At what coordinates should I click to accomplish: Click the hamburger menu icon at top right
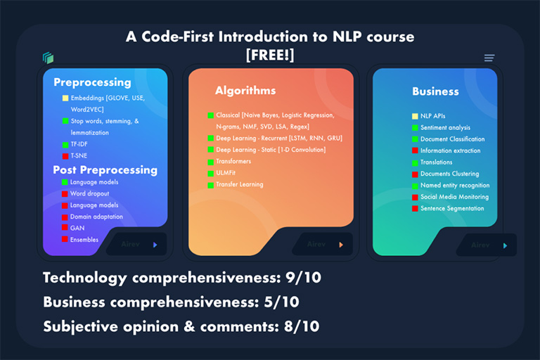pyautogui.click(x=489, y=58)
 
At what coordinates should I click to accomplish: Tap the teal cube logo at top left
pyautogui.click(x=48, y=58)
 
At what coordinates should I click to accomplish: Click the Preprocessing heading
pyautogui.click(x=92, y=82)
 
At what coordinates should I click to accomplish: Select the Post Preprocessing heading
pyautogui.click(x=105, y=169)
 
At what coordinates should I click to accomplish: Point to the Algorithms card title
pyautogui.click(x=245, y=91)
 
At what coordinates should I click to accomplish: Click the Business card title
pyautogui.click(x=435, y=91)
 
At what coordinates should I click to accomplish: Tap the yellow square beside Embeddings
pyautogui.click(x=65, y=98)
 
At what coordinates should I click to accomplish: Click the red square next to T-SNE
pyautogui.click(x=65, y=155)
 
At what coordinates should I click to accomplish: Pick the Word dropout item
pyautogui.click(x=90, y=193)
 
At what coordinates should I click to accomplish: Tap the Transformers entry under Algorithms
pyautogui.click(x=233, y=161)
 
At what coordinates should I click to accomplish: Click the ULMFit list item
pyautogui.click(x=228, y=173)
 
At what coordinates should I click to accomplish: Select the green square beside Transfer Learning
pyautogui.click(x=210, y=185)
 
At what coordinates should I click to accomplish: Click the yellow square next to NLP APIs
pyautogui.click(x=415, y=116)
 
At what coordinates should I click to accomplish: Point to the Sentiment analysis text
pyautogui.click(x=445, y=127)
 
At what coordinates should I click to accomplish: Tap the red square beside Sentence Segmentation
pyautogui.click(x=415, y=208)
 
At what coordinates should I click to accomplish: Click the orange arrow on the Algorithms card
pyautogui.click(x=341, y=245)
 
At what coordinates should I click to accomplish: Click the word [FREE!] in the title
pyautogui.click(x=270, y=53)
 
